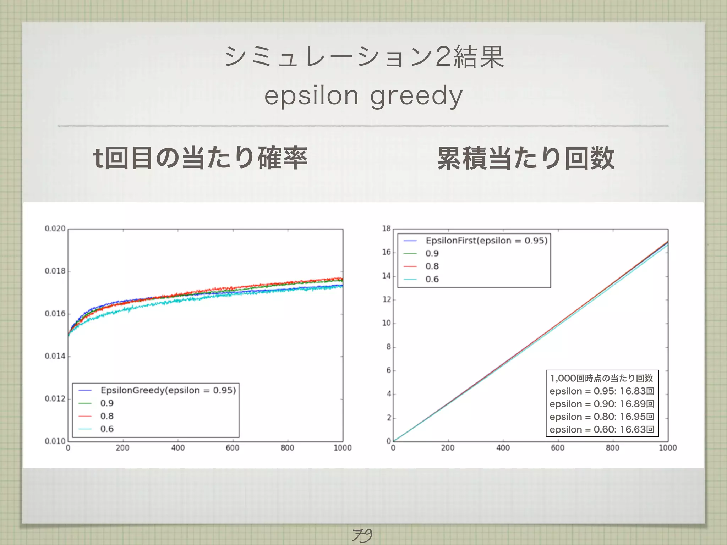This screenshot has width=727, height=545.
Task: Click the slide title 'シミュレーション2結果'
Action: tap(364, 57)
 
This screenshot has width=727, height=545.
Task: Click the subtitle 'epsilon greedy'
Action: tap(363, 96)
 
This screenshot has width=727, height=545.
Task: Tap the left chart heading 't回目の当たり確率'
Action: tap(200, 158)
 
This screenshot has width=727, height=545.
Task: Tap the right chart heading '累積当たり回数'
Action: tap(526, 158)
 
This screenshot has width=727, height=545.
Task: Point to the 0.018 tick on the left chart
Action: tap(55, 271)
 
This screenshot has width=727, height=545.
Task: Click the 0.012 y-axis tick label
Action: tap(55, 399)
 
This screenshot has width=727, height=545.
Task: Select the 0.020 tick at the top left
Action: tap(55, 229)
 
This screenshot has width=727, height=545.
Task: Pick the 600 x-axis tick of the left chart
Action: tap(233, 448)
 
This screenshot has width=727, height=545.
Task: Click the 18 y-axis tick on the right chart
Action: tap(386, 229)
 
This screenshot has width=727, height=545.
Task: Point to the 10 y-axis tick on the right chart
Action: tap(386, 323)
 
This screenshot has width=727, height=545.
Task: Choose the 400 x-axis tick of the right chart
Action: tap(503, 448)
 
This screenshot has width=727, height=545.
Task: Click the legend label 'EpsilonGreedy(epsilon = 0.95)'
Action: tap(168, 390)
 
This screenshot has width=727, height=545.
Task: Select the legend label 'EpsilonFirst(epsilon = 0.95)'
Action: tap(486, 241)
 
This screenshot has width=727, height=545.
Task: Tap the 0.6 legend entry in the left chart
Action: tap(107, 429)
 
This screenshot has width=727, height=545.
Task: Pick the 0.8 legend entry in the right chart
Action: tap(432, 266)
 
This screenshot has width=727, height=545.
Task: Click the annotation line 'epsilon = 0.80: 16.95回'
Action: tap(602, 417)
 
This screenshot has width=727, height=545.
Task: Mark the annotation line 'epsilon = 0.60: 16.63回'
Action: tap(602, 429)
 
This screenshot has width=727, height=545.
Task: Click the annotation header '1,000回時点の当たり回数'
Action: tap(602, 378)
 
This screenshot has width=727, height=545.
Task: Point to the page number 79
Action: tap(362, 535)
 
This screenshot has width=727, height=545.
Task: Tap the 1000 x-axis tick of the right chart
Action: tap(668, 448)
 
